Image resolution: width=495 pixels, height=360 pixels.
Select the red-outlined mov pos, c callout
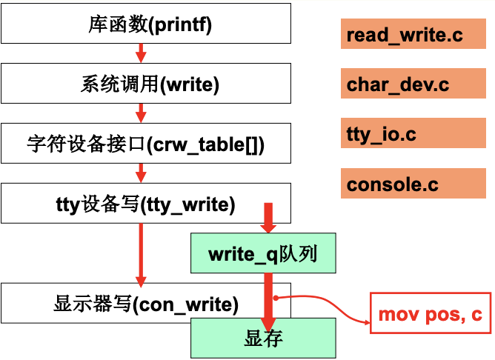430,314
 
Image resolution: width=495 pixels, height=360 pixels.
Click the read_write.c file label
405,35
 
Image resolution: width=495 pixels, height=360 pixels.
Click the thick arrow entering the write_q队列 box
268,219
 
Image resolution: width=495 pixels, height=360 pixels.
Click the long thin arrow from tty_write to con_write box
141,252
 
